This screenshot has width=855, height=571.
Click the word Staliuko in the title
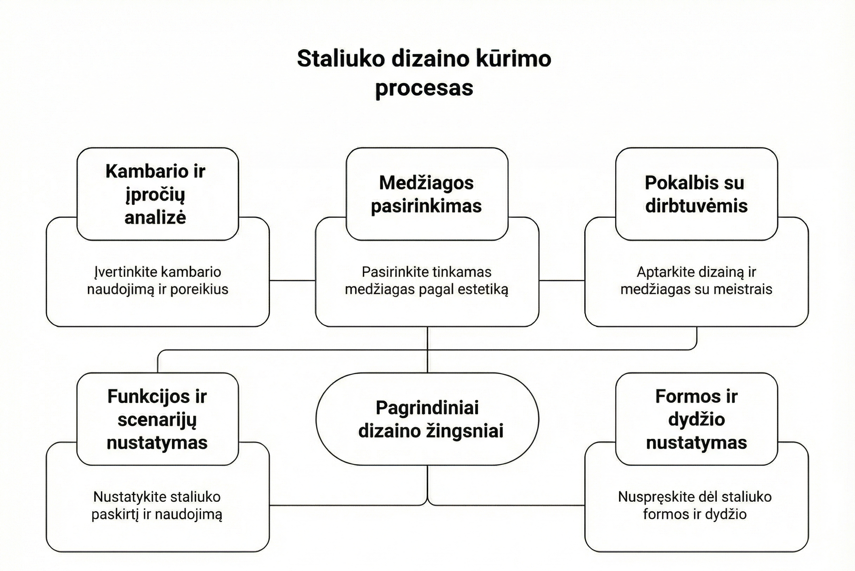(x=340, y=59)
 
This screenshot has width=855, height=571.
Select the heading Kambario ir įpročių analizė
(x=155, y=194)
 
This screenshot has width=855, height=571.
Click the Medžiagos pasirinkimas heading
(x=426, y=194)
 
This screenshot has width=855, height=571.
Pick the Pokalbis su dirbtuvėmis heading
(x=696, y=194)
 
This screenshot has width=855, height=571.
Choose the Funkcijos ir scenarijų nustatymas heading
(x=157, y=419)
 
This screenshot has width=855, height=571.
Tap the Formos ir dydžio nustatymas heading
(x=696, y=419)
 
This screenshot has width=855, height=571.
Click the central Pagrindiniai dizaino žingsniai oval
(x=427, y=419)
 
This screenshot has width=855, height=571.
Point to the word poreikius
(x=199, y=289)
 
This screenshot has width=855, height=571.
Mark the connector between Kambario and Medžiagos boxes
(x=292, y=281)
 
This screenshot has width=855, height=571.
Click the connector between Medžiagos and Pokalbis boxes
(x=562, y=281)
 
